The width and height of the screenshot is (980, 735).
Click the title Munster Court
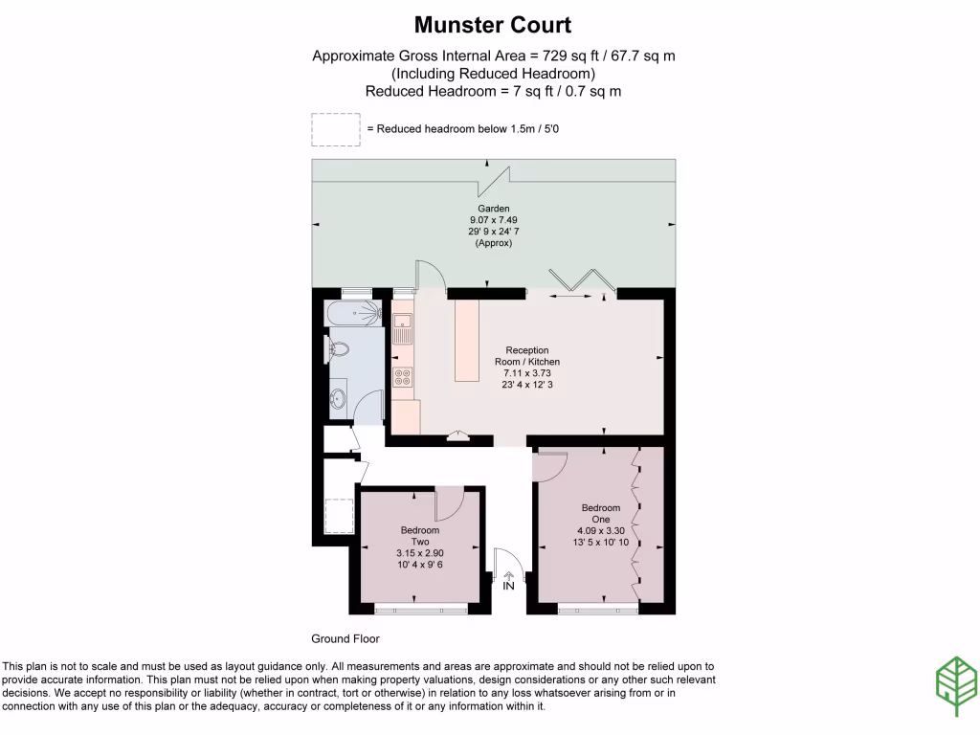coord(493,24)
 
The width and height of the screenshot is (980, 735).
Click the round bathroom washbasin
coord(339,396)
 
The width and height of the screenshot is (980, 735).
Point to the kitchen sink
coord(401,328)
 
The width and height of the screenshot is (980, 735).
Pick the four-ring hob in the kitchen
coord(402,376)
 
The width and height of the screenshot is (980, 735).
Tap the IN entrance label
coord(508,586)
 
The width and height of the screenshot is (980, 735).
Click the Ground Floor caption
coord(345,638)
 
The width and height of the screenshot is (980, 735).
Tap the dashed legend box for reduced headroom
coord(336,129)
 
